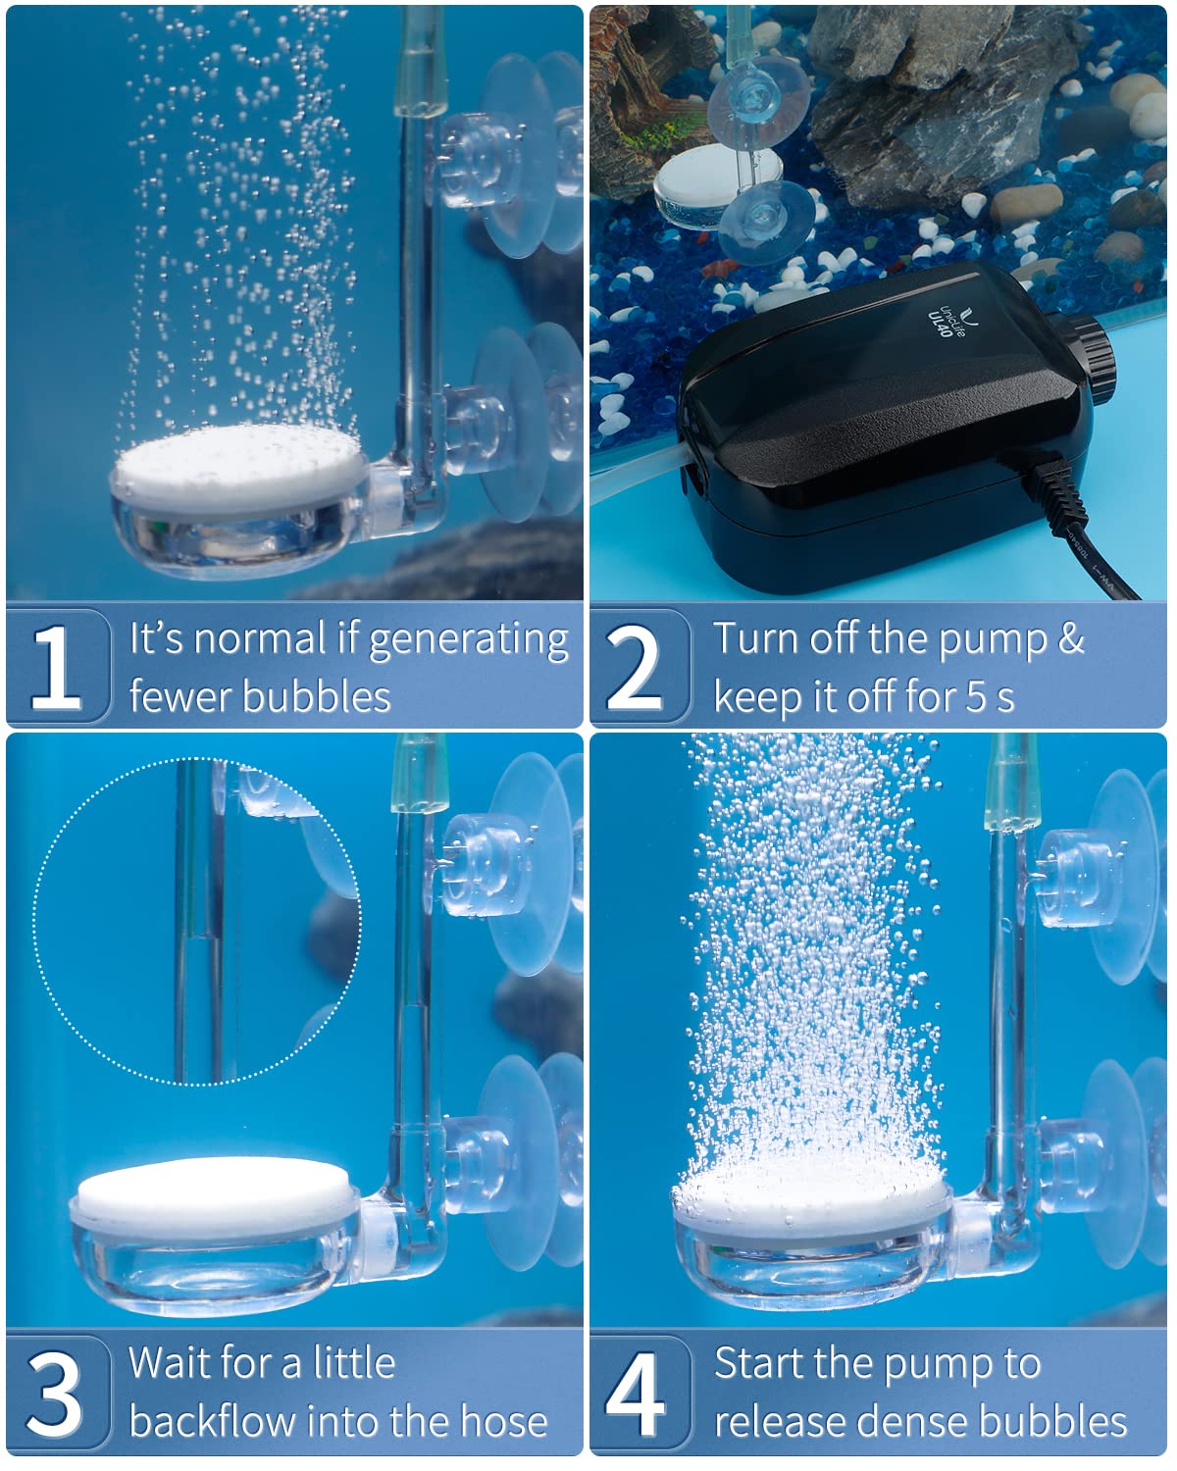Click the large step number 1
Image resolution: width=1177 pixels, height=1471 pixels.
[56, 667]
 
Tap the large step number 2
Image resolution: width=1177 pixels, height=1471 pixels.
[635, 667]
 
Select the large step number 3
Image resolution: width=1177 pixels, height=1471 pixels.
[56, 1393]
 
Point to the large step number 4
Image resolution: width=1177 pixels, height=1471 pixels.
[635, 1393]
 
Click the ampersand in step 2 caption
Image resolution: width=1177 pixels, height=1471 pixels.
[1071, 639]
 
